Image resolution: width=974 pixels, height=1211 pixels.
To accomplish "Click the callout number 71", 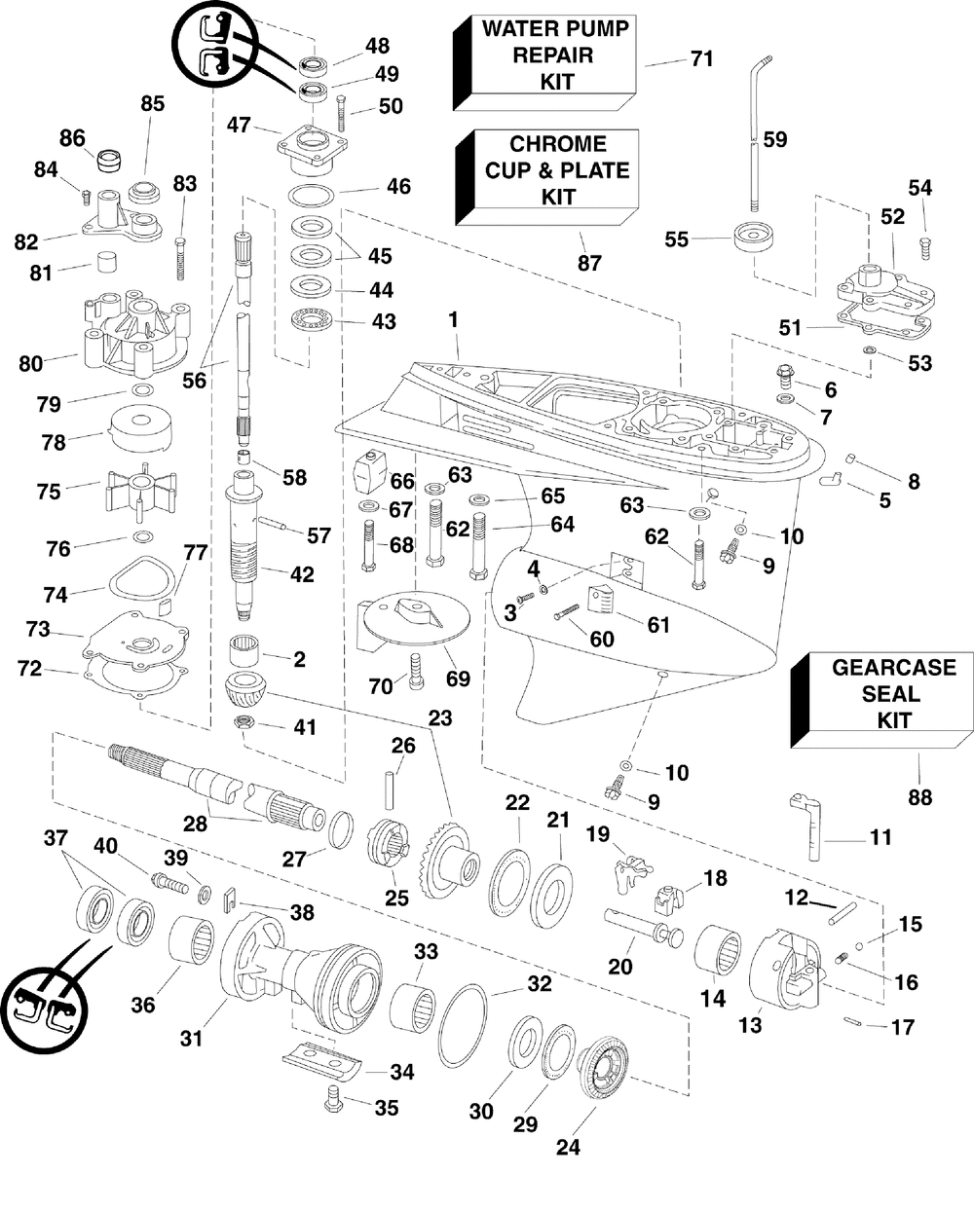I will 701,58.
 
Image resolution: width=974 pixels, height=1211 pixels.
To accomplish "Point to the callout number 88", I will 919,797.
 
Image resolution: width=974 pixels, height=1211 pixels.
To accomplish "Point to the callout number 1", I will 453,319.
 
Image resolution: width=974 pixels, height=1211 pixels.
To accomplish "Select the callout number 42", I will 302,575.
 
